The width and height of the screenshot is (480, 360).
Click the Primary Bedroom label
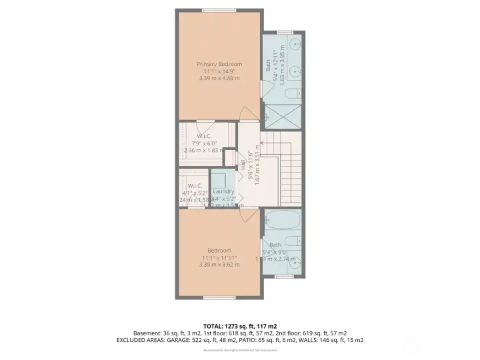click(219, 64)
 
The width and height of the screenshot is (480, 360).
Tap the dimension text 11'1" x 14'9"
click(219, 71)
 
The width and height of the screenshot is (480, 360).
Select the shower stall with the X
click(283, 117)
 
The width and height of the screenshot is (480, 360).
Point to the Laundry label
click(223, 191)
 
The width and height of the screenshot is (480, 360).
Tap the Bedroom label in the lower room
click(219, 250)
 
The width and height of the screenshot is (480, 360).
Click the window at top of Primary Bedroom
click(219, 9)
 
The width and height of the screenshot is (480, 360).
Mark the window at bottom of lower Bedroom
click(219, 297)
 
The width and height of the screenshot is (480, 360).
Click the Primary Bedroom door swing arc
click(247, 113)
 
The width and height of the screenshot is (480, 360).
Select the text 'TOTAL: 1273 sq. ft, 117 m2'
click(239, 325)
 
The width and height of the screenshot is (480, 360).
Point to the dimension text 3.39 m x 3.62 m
click(219, 265)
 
